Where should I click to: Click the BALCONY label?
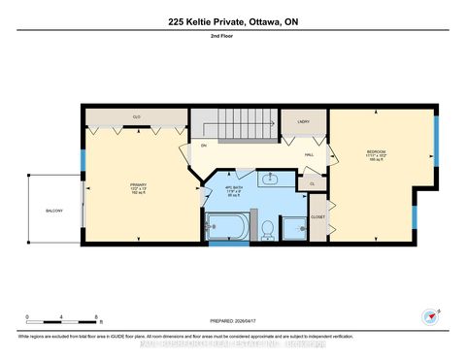pos(53,210)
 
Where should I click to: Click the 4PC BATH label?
pos(233,188)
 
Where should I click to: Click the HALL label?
pos(309,155)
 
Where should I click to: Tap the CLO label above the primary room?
pos(137,116)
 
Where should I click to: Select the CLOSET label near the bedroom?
pos(317,217)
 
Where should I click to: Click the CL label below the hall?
pos(313,182)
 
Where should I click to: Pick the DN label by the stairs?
pos(204,146)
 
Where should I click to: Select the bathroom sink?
pos(272,178)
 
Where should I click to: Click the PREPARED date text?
pos(232,321)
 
